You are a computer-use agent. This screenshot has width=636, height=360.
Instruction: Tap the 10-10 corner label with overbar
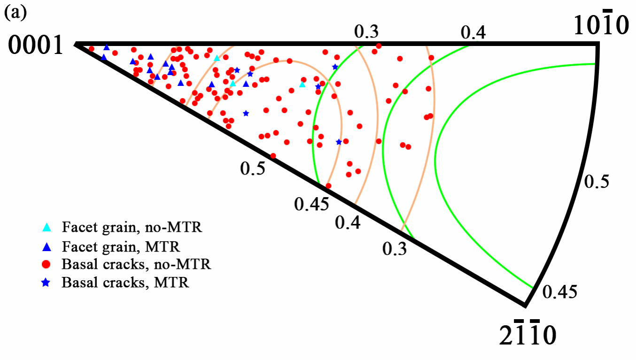(x=601, y=26)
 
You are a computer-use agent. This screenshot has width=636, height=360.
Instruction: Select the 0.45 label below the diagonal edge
(x=310, y=204)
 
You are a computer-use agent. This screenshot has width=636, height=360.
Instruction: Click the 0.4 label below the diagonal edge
(x=348, y=222)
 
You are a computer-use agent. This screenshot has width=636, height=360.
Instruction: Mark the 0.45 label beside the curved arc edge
(x=559, y=291)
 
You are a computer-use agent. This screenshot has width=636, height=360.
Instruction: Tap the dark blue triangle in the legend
(x=47, y=246)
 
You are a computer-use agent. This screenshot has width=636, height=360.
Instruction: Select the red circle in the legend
(x=47, y=264)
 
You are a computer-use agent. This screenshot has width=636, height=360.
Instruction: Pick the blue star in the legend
(x=47, y=283)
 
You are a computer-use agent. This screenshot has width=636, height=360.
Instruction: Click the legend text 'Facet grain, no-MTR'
(x=132, y=228)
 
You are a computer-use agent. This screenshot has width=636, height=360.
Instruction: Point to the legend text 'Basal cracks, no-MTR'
(x=136, y=265)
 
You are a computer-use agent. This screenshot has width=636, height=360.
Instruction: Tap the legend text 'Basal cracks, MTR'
(x=125, y=283)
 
